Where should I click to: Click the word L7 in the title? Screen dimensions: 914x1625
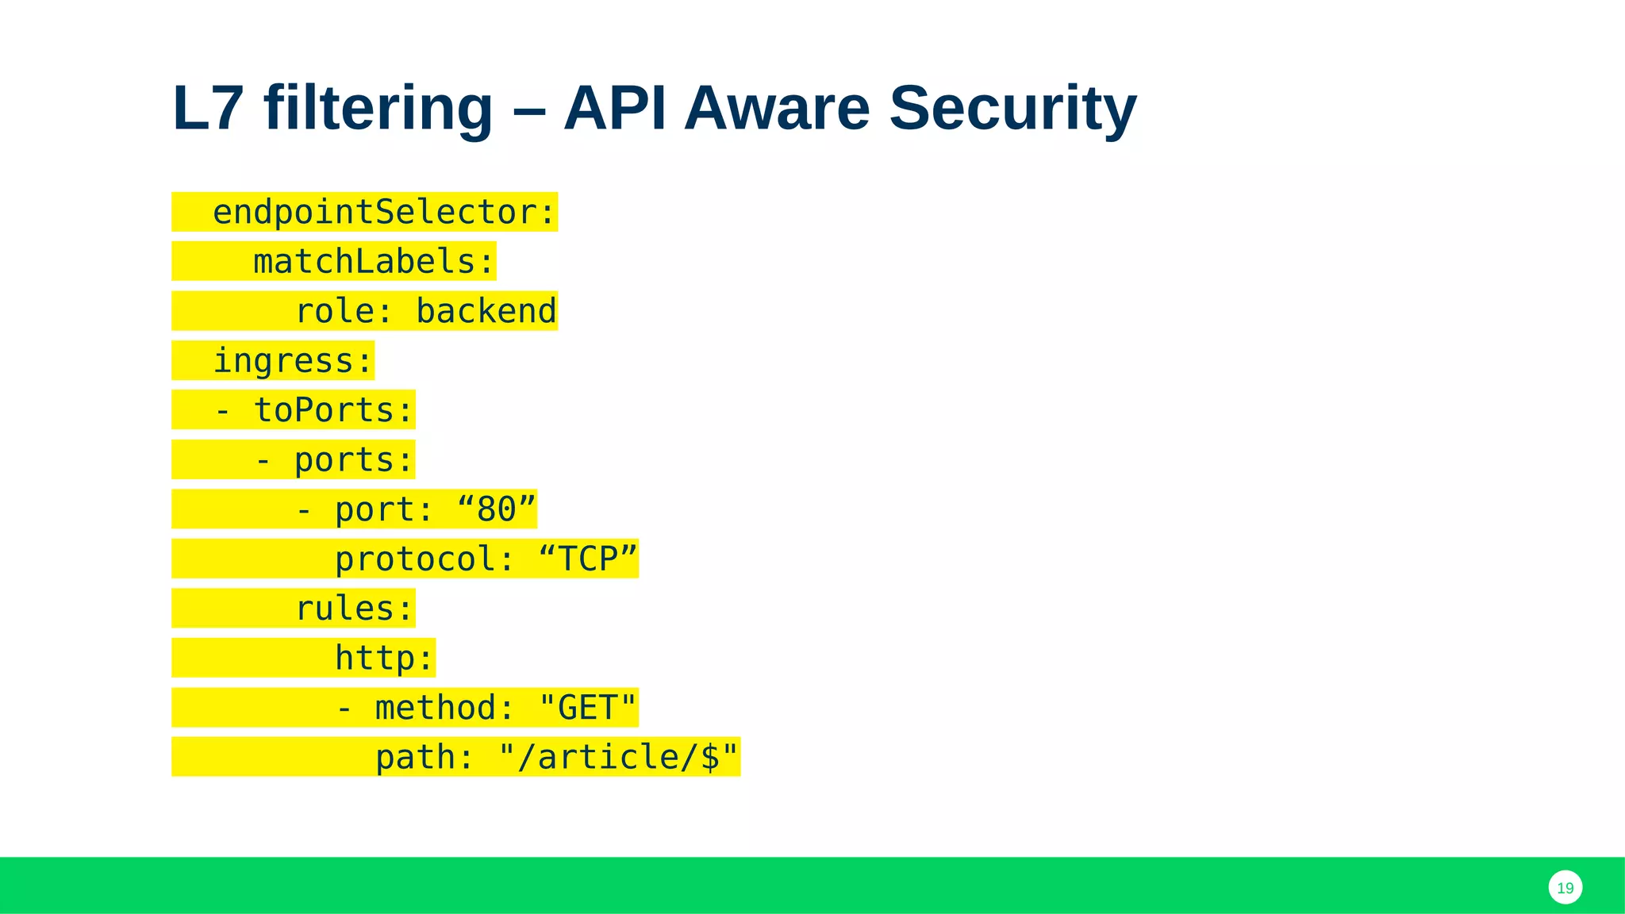(207, 108)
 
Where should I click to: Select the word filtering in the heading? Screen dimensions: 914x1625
(378, 108)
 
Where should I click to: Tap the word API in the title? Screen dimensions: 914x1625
(615, 108)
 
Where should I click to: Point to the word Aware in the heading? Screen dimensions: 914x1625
(777, 108)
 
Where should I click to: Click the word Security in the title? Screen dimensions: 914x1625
(1012, 108)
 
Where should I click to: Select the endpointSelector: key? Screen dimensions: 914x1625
(384, 212)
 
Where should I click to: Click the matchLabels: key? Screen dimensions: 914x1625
(374, 262)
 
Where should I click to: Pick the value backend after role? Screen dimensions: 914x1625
(486, 311)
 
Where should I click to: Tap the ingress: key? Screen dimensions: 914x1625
(293, 361)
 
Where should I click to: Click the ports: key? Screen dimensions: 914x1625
(354, 460)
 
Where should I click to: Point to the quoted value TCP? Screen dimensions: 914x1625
(588, 559)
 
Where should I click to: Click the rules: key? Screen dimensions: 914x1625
(354, 609)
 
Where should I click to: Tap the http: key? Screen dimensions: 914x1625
(384, 659)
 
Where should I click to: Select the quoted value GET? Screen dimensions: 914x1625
(588, 708)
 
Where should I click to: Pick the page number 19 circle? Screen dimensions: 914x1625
(1565, 888)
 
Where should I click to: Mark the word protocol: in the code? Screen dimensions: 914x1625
(425, 559)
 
